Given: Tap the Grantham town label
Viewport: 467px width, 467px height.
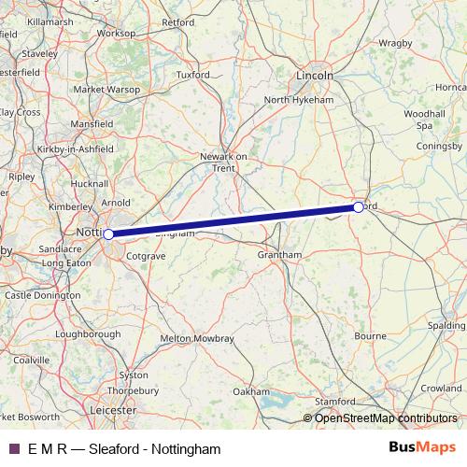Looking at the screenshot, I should [280, 254].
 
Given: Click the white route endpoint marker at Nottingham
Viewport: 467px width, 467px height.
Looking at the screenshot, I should [108, 234].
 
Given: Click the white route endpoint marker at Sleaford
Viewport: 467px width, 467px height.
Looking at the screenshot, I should [359, 206].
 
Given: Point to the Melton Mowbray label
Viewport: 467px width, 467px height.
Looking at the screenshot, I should [198, 338].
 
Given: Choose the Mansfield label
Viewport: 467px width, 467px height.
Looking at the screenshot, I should [92, 122].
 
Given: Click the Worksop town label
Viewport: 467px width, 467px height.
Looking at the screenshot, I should [116, 32].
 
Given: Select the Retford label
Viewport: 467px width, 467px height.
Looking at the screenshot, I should [177, 21].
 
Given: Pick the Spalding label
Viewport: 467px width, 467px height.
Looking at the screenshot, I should [446, 325].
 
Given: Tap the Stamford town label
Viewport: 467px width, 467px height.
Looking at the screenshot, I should [333, 401].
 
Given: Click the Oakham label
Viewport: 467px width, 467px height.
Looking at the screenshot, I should [251, 391].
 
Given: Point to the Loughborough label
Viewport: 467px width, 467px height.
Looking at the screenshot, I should [88, 333].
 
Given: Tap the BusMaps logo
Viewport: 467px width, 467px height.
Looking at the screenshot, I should [421, 448].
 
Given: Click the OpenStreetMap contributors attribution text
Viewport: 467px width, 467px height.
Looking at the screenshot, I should [386, 417].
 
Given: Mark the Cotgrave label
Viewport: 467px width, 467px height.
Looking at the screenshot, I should [145, 254].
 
